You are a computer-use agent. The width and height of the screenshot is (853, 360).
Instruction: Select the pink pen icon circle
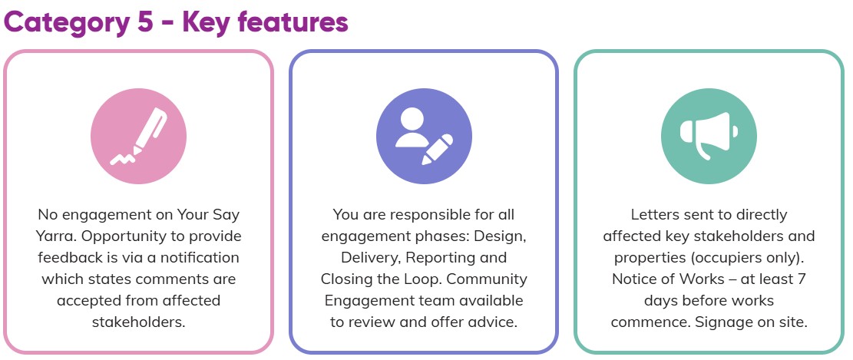tap(138, 135)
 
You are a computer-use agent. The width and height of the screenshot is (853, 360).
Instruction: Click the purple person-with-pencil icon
tap(424, 135)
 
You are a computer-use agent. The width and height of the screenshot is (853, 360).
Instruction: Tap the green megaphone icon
tap(709, 135)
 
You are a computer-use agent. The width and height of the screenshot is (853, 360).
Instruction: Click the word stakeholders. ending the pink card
tap(138, 321)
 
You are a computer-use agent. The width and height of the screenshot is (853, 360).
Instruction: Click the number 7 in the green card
tap(801, 279)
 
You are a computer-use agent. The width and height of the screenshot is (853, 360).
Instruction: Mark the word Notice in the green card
tap(633, 279)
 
